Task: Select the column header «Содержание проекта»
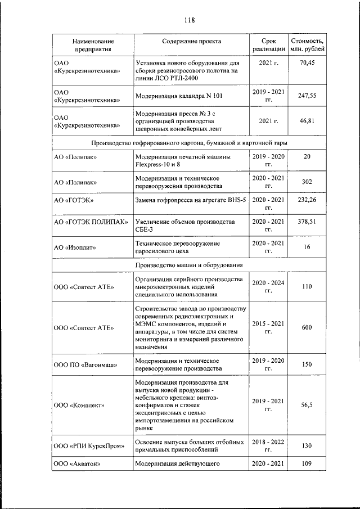(x=192, y=42)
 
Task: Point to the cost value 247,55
(x=307, y=96)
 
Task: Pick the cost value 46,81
(x=307, y=121)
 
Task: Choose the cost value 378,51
(x=307, y=222)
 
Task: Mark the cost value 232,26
(x=307, y=200)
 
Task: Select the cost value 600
(x=307, y=328)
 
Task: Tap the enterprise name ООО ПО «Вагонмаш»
(x=85, y=364)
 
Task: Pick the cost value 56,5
(x=307, y=405)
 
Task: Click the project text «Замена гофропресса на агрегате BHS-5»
(x=191, y=200)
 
